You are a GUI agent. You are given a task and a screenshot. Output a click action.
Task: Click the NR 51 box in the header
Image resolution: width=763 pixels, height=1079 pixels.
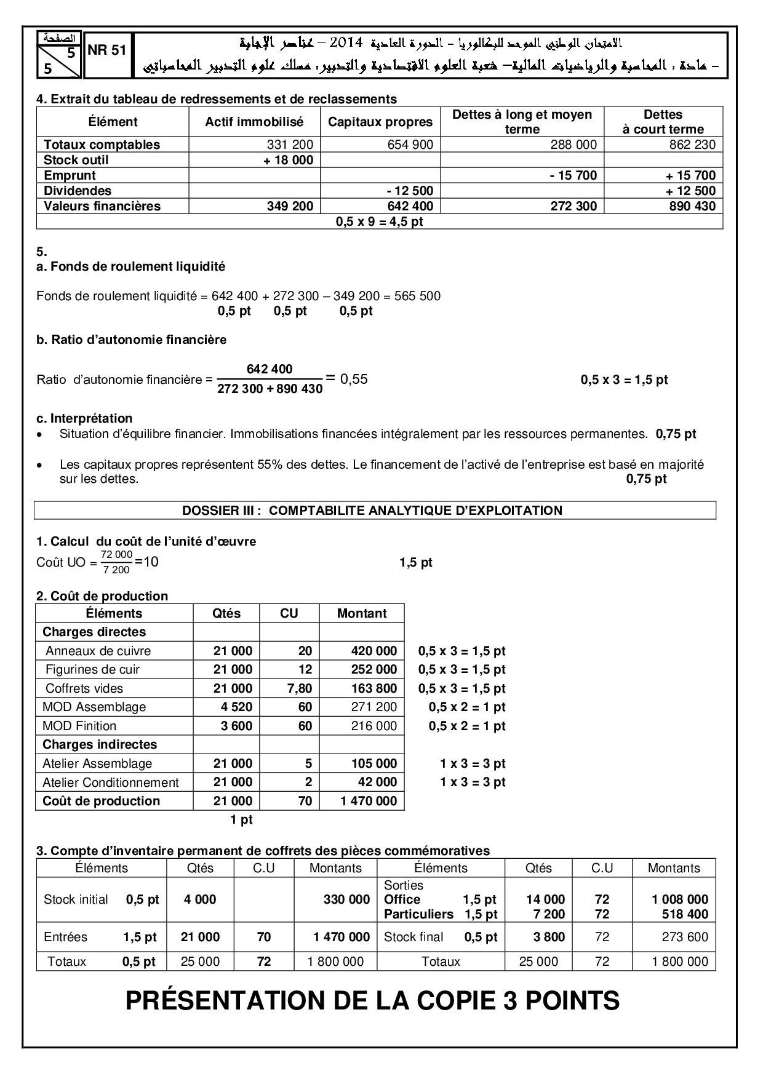click(x=107, y=51)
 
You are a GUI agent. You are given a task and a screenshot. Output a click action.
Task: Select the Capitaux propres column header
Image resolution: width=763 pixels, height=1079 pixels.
click(x=380, y=122)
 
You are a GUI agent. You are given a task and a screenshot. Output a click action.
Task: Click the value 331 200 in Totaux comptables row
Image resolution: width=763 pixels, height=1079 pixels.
click(x=290, y=145)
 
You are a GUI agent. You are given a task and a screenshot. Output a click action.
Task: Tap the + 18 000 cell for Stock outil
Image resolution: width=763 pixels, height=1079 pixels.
click(x=290, y=160)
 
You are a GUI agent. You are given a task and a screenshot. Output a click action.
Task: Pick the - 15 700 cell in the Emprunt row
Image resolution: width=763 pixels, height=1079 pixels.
click(x=573, y=175)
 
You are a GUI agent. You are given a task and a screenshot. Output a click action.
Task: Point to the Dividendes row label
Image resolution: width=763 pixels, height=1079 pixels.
click(x=78, y=191)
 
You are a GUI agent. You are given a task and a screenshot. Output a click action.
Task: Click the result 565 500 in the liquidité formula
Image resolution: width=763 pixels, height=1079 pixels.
click(x=419, y=296)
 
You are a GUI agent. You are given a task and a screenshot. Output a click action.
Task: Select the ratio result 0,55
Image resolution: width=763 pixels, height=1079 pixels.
click(x=354, y=379)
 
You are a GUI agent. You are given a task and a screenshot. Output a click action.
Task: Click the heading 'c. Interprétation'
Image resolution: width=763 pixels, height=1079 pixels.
click(x=84, y=418)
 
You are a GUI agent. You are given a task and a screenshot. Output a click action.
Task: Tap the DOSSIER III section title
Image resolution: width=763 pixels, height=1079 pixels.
click(x=372, y=510)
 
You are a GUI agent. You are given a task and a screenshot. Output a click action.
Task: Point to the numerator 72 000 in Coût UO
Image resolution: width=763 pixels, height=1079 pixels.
click(x=117, y=555)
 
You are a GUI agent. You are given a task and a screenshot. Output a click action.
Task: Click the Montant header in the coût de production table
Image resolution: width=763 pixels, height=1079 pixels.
click(x=362, y=613)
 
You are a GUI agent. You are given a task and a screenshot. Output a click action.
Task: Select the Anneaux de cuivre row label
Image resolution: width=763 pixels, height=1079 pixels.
click(x=98, y=651)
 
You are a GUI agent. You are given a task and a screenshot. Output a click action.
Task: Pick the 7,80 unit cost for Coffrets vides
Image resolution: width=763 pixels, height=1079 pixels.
click(x=300, y=688)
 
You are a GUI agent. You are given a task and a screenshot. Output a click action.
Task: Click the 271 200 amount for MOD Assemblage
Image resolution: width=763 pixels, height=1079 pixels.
click(x=374, y=707)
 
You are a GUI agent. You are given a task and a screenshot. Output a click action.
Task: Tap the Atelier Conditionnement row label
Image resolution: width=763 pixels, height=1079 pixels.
click(x=111, y=782)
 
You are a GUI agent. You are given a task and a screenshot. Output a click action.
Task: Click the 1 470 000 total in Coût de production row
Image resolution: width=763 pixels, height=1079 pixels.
click(x=369, y=801)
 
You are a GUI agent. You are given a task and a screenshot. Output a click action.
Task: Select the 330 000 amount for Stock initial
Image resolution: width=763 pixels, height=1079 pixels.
click(x=346, y=899)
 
